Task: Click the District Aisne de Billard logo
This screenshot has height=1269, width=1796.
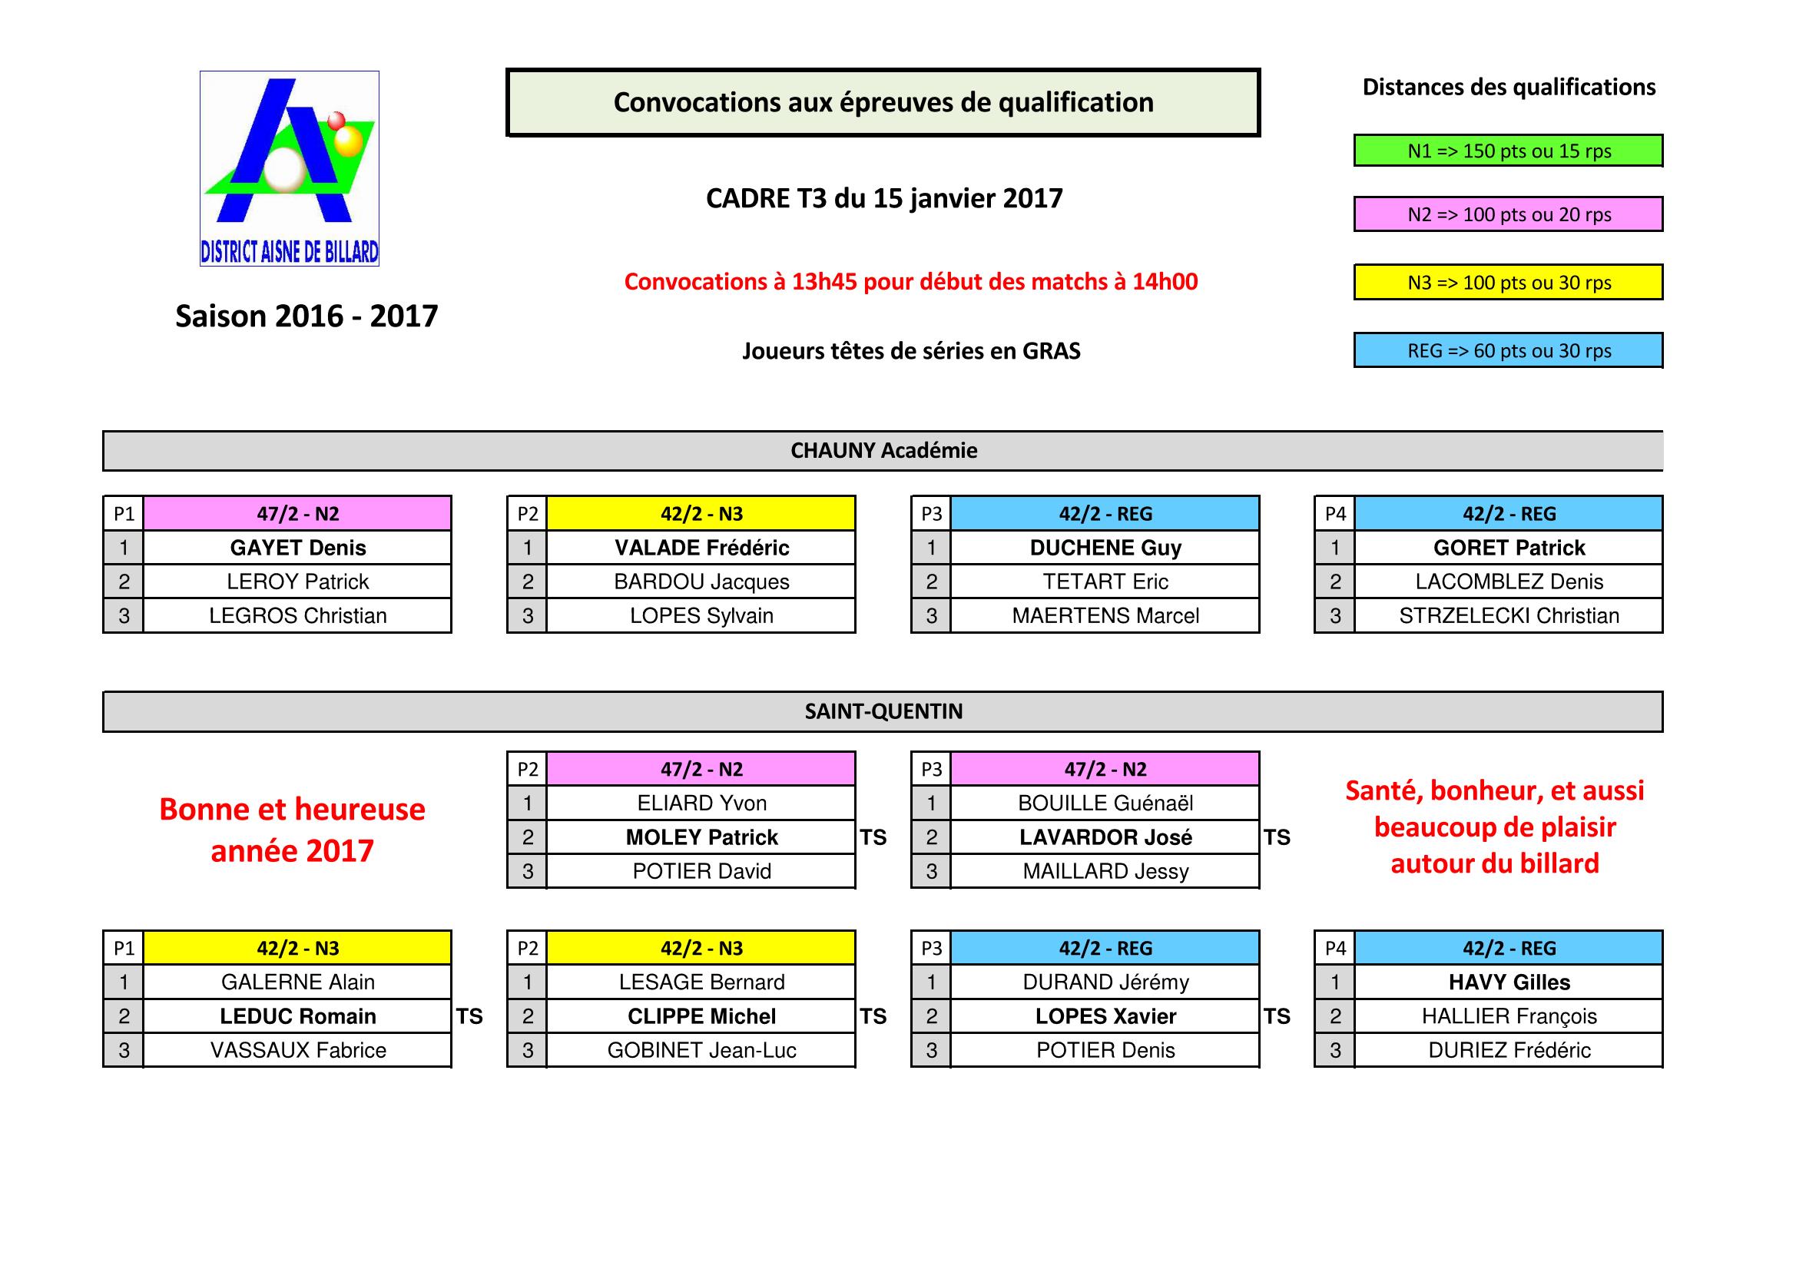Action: (x=290, y=168)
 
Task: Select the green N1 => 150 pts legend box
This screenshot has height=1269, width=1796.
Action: (x=1508, y=151)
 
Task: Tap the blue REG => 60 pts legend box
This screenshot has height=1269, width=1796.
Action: (x=1508, y=350)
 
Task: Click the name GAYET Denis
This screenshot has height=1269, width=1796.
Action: (x=297, y=548)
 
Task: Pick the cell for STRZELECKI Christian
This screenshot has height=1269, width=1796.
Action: (x=1508, y=616)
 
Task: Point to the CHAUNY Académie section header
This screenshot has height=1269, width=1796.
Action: (x=883, y=451)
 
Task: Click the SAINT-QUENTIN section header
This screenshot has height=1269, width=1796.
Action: (x=883, y=711)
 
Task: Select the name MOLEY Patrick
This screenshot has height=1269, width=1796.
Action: (x=701, y=837)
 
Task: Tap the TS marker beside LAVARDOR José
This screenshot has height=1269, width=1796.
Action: (x=1277, y=837)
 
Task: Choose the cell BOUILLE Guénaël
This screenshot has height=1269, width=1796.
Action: (x=1105, y=803)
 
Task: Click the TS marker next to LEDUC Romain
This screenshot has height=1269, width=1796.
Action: (x=469, y=1016)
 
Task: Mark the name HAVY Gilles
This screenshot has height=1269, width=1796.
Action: (x=1508, y=982)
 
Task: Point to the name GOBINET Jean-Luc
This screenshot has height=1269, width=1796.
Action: (x=701, y=1050)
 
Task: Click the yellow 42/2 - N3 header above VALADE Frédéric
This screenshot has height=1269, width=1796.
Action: (x=701, y=514)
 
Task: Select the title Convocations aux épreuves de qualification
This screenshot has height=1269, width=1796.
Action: (x=883, y=102)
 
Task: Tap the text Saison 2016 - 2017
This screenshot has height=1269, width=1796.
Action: (x=307, y=316)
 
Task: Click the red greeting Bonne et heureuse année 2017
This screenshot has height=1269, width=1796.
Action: (x=292, y=830)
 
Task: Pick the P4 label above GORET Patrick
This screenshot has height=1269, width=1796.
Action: (x=1335, y=514)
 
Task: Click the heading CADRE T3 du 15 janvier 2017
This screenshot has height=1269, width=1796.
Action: (x=884, y=199)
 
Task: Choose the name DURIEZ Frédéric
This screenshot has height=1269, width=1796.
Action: (x=1508, y=1050)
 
